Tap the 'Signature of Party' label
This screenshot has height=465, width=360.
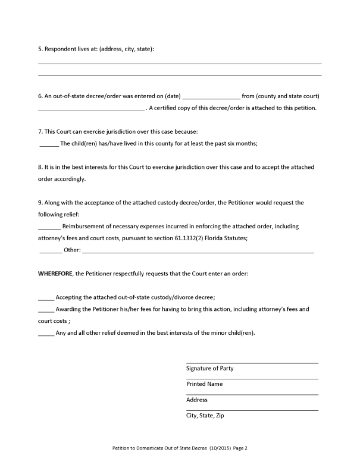pyautogui.click(x=209, y=368)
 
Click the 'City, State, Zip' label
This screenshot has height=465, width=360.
pyautogui.click(x=205, y=416)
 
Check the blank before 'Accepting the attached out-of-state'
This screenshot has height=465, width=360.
pyautogui.click(x=46, y=297)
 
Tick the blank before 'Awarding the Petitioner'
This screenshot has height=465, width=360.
pyautogui.click(x=46, y=310)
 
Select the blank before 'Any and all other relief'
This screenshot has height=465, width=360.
pyautogui.click(x=46, y=333)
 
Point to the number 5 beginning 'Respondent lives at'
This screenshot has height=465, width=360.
pyautogui.click(x=39, y=49)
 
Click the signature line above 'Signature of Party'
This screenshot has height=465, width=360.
pyautogui.click(x=252, y=362)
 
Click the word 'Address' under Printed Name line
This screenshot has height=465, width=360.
pyautogui.click(x=197, y=400)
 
